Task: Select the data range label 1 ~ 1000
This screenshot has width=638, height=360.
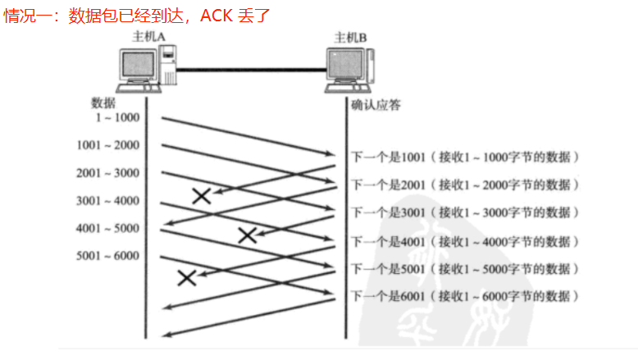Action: pyautogui.click(x=117, y=117)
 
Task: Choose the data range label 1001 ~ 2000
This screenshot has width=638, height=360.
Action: pyautogui.click(x=107, y=145)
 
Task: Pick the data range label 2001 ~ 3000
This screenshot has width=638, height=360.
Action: pyautogui.click(x=107, y=173)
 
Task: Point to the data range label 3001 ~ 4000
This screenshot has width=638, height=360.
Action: pyautogui.click(x=107, y=201)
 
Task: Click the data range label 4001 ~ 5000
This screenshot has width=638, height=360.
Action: pyautogui.click(x=107, y=229)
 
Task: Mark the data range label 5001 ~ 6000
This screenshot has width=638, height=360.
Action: pyautogui.click(x=107, y=257)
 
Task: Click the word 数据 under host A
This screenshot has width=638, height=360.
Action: pyautogui.click(x=103, y=103)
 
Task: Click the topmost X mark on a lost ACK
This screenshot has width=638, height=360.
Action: pyautogui.click(x=201, y=195)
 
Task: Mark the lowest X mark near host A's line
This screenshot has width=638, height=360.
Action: pyautogui.click(x=187, y=277)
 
